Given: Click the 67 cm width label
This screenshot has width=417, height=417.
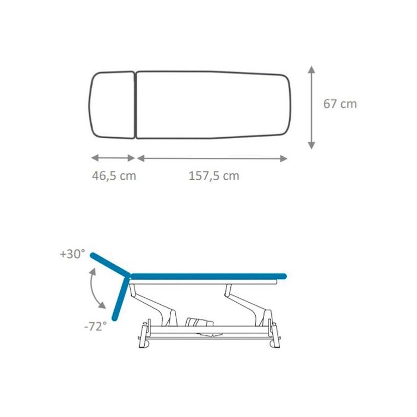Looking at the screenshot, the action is pyautogui.click(x=340, y=104).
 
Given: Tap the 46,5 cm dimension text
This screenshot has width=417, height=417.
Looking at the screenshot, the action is pyautogui.click(x=114, y=176).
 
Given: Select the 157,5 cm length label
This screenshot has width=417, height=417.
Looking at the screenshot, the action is pyautogui.click(x=214, y=176).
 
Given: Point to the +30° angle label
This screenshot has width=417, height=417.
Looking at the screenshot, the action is pyautogui.click(x=72, y=254).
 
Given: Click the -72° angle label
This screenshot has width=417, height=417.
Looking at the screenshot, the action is pyautogui.click(x=95, y=326).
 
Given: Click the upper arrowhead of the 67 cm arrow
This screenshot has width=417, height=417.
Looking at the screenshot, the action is pyautogui.click(x=311, y=70).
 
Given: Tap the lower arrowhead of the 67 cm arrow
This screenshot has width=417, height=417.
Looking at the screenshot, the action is pyautogui.click(x=311, y=145).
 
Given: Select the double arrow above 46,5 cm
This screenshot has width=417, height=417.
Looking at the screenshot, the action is pyautogui.click(x=113, y=158).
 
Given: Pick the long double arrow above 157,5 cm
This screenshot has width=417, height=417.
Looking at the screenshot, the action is pyautogui.click(x=212, y=158).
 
